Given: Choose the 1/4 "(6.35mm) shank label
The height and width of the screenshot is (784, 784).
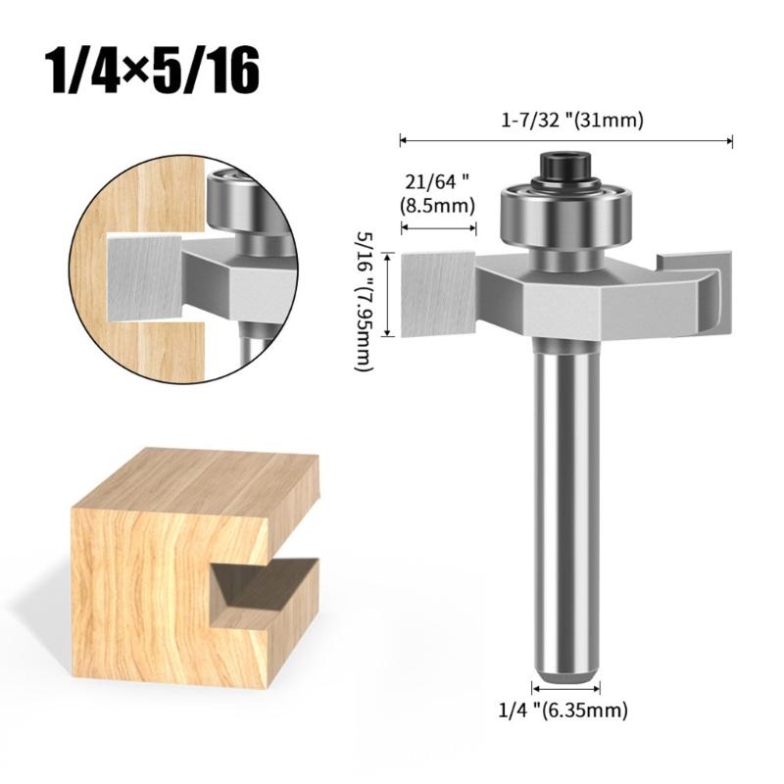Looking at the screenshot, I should click(x=566, y=709).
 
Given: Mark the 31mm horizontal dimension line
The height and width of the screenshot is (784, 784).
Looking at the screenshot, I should click(x=566, y=141).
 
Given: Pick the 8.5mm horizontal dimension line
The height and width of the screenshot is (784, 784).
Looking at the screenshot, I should click(x=438, y=229).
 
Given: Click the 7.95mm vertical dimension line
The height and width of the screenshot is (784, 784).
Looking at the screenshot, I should click(x=393, y=293).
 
